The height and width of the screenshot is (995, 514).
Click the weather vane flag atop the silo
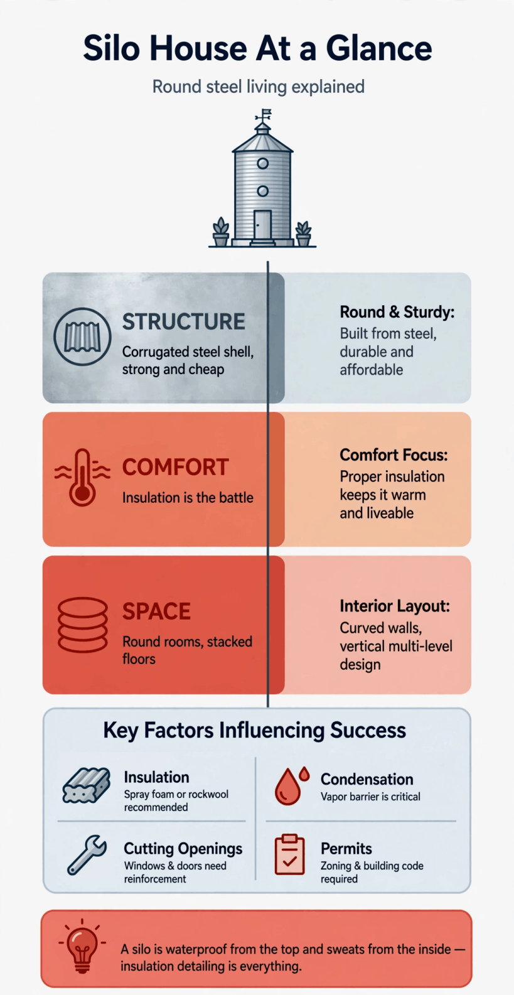(x=267, y=112)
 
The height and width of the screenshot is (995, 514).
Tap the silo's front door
(x=262, y=225)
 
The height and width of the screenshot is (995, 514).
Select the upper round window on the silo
(x=262, y=163)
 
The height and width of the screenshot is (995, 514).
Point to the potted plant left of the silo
(x=221, y=232)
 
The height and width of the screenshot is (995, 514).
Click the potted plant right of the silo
(x=303, y=233)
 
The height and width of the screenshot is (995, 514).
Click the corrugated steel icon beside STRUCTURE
(x=82, y=336)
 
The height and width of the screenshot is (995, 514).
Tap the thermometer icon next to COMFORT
(x=82, y=477)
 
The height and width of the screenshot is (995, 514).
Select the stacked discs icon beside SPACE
(x=83, y=625)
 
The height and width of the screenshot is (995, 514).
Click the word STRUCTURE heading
(x=183, y=321)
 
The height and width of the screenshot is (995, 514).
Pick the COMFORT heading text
(x=176, y=467)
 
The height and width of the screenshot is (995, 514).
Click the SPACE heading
(x=156, y=611)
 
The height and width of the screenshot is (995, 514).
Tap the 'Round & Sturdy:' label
(x=397, y=312)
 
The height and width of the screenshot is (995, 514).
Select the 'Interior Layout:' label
(x=395, y=606)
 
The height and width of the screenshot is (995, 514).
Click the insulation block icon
(x=86, y=785)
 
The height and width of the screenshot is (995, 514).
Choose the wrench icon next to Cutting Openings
(x=87, y=855)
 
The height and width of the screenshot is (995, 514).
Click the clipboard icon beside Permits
(x=290, y=854)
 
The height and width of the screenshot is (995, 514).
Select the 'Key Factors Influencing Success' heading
(x=255, y=730)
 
